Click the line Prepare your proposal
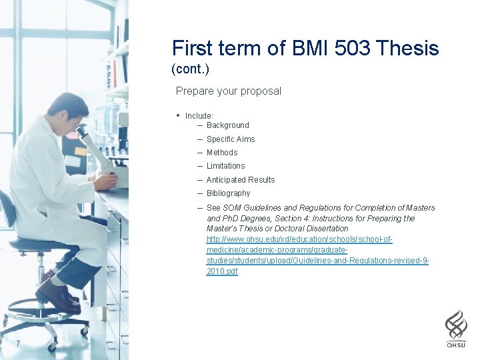click(228, 91)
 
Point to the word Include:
click(199, 116)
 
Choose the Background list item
click(227, 125)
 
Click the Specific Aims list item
click(230, 139)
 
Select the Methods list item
click(221, 153)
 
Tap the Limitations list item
click(225, 166)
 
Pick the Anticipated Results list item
click(240, 180)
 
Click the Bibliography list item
click(228, 193)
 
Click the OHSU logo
click(456, 329)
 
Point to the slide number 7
click(18, 344)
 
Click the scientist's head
click(67, 111)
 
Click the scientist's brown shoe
click(57, 297)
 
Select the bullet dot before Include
click(178, 115)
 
